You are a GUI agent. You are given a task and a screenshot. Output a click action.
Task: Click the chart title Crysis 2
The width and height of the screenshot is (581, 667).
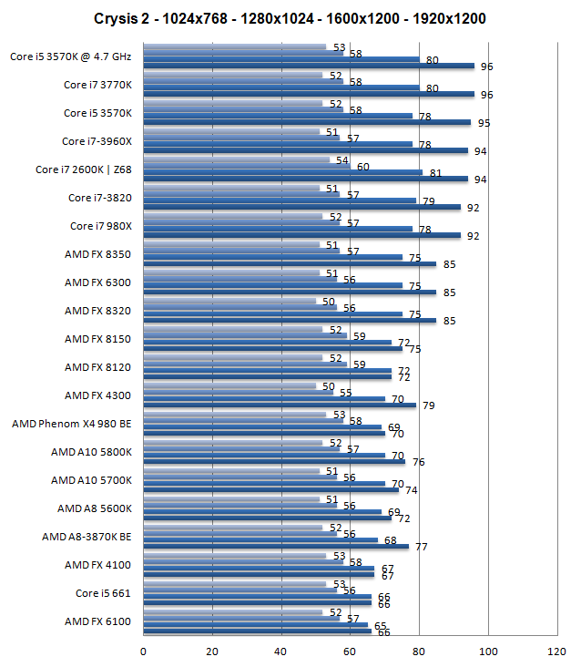point(290,18)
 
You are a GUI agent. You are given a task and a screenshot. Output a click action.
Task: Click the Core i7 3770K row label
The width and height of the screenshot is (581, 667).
point(97,85)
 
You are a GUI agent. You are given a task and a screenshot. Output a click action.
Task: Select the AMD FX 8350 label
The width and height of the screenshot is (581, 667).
point(98,254)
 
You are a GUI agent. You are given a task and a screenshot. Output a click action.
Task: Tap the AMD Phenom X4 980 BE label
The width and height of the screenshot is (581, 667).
point(72,424)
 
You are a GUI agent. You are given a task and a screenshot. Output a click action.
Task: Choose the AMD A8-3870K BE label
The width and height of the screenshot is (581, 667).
point(87,537)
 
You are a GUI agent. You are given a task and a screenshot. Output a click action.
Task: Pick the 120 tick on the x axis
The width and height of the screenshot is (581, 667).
point(556,651)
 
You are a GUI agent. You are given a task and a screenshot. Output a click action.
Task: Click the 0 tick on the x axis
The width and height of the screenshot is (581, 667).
point(143,651)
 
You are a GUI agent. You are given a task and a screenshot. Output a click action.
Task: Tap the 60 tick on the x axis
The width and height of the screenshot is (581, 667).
point(350,651)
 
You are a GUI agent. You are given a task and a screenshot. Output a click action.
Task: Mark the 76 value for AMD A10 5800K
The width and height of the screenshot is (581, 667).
point(418,462)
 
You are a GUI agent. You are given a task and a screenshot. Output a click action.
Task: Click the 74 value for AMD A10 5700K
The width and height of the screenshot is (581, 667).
point(411,490)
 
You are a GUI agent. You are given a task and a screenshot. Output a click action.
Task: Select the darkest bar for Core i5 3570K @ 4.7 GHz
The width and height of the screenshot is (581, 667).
point(308,66)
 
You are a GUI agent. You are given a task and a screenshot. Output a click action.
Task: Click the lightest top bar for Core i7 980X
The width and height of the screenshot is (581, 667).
point(232,216)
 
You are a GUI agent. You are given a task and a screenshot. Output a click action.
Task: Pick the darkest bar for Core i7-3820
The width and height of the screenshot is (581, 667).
point(301,207)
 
